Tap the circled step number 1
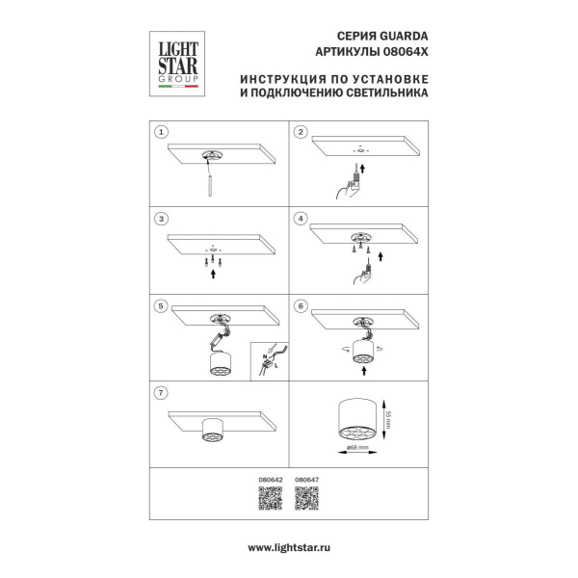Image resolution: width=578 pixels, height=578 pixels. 163,132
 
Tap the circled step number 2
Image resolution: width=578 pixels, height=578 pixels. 301,132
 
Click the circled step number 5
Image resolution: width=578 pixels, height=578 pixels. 163,306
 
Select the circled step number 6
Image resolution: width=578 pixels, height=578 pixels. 301,306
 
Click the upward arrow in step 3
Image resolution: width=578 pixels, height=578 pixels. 213,274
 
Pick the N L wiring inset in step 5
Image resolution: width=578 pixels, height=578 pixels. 269,361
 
